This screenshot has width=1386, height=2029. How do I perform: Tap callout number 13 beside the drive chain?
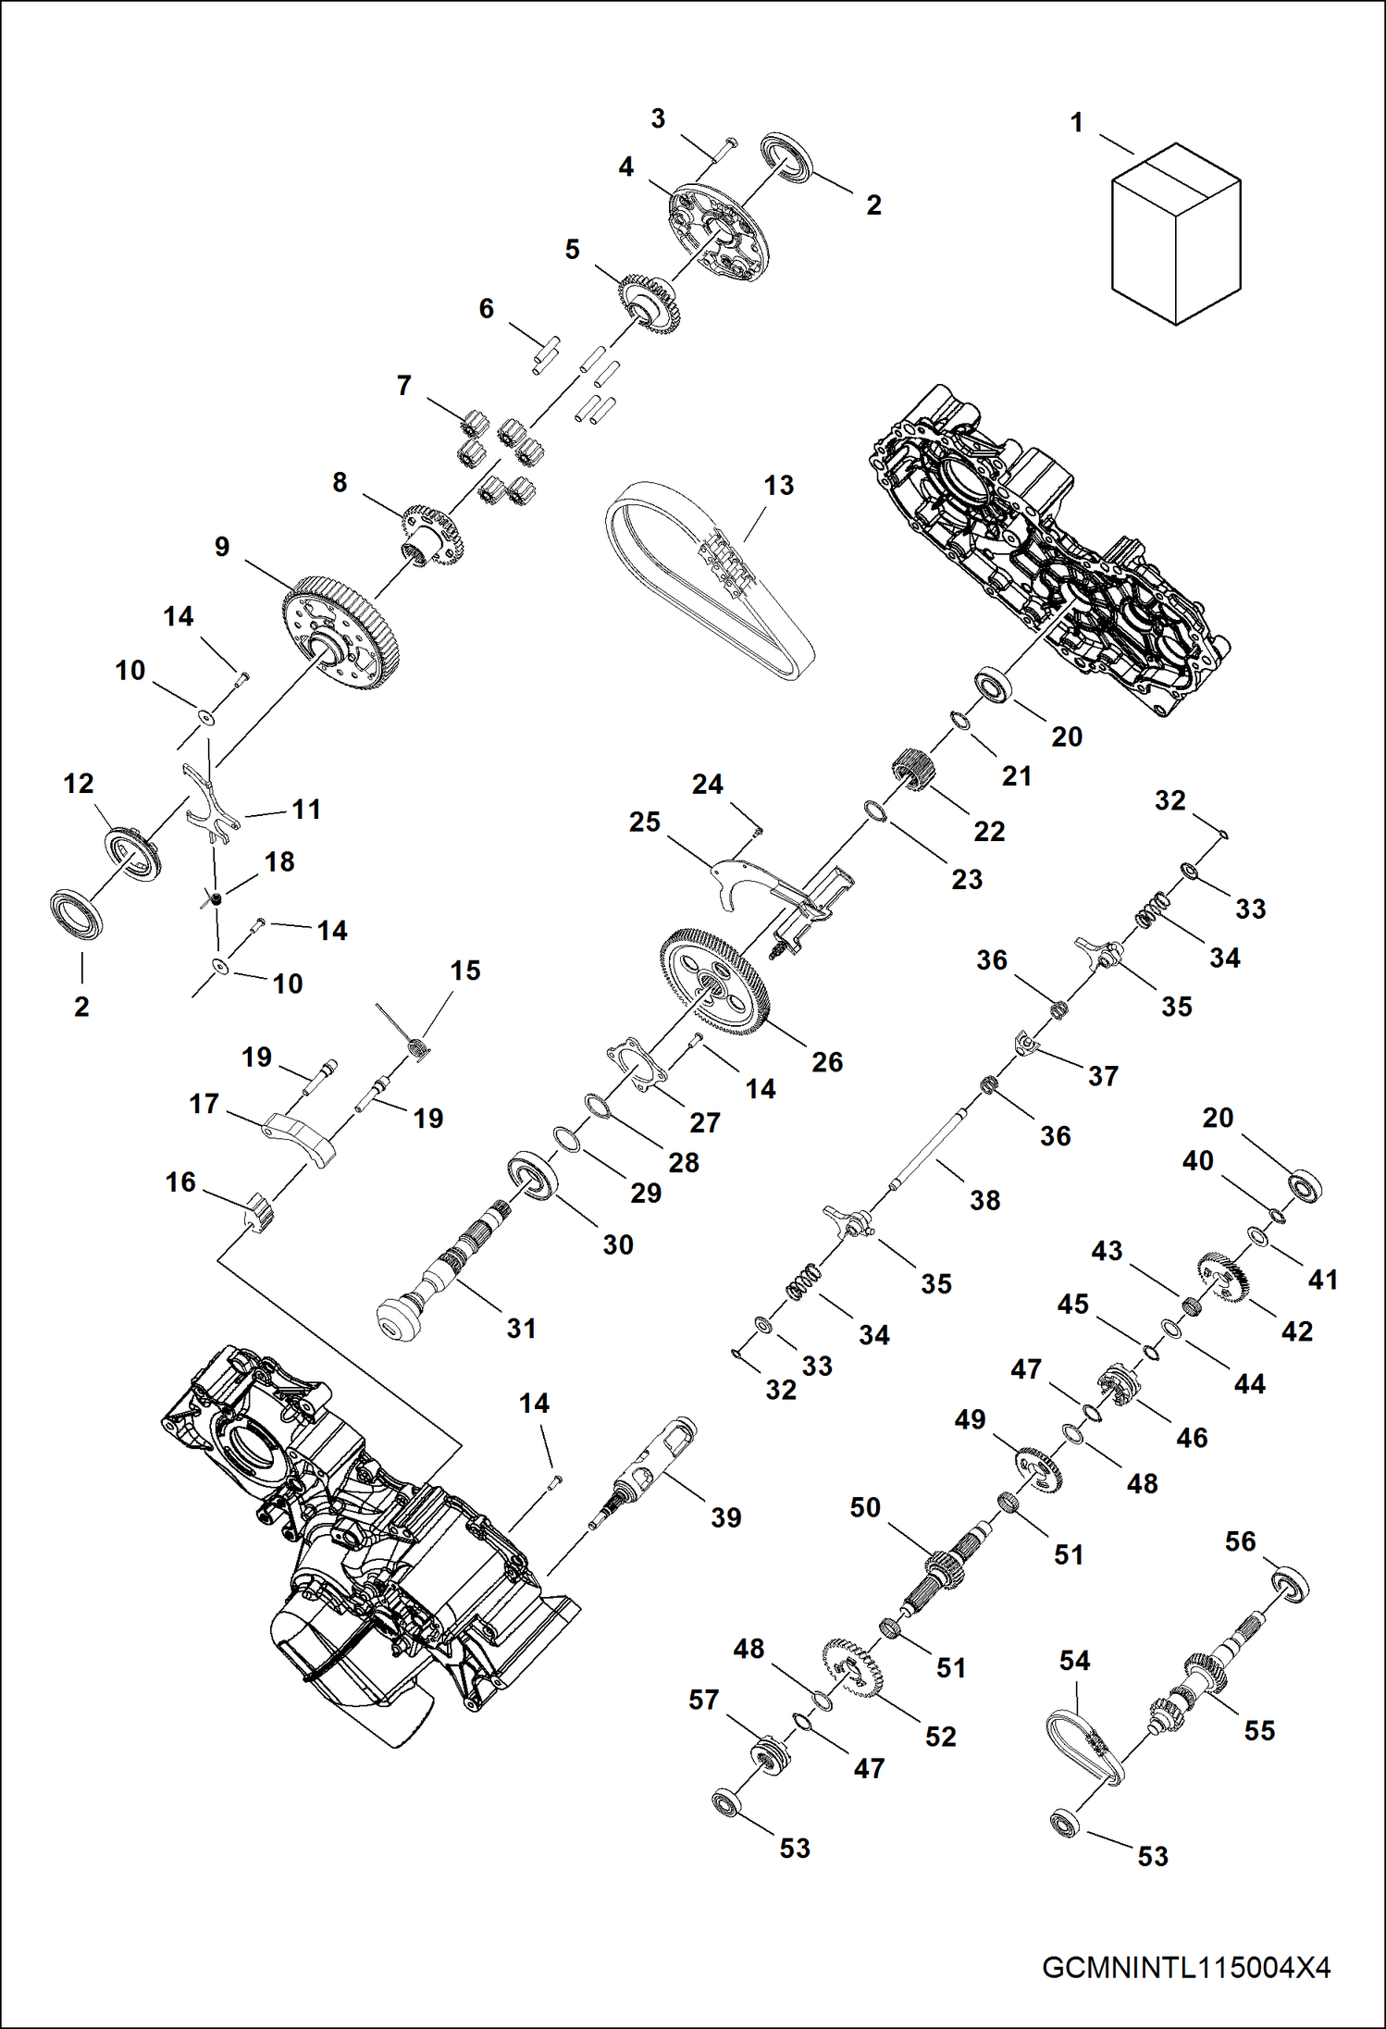[779, 486]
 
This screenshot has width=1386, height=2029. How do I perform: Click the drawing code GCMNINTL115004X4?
[1185, 1967]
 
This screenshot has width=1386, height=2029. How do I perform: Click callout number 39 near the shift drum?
[725, 1517]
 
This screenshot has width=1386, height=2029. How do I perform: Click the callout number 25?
[645, 822]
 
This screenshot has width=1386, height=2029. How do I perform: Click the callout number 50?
[865, 1507]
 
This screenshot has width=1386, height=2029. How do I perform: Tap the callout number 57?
[703, 1700]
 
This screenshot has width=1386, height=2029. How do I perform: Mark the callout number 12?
[79, 784]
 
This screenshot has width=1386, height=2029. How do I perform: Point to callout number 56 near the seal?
[1240, 1541]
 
